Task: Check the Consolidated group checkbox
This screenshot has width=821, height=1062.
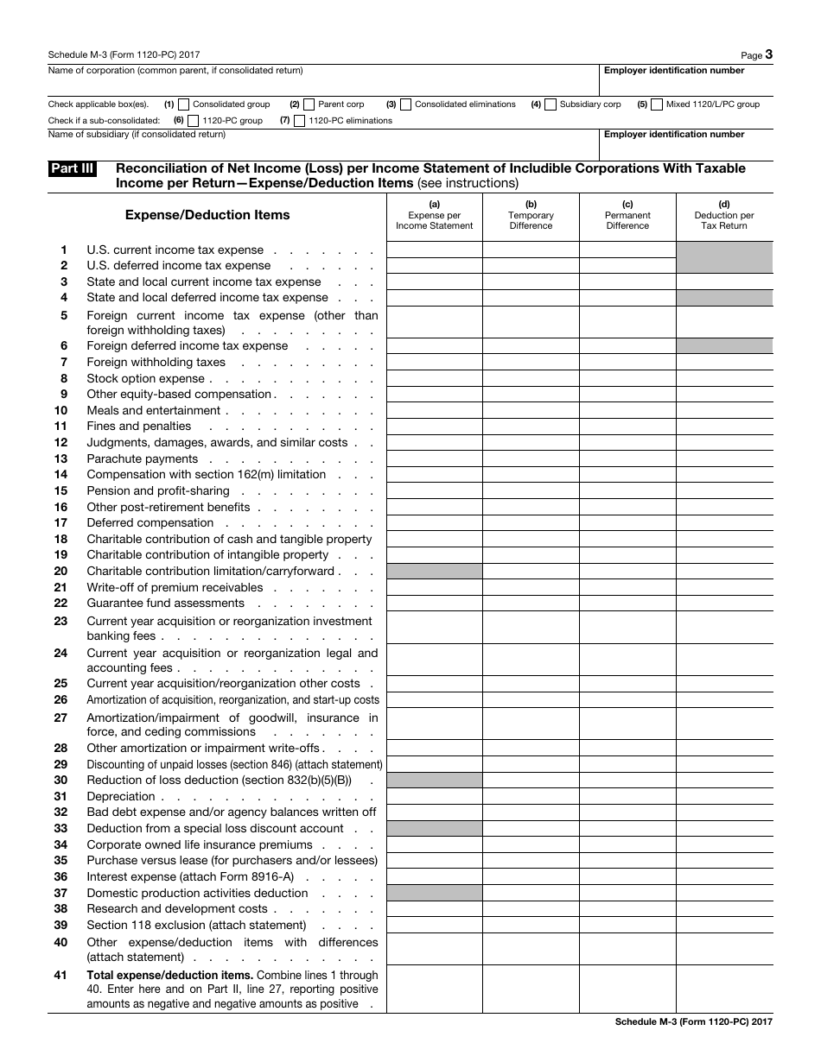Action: [x=183, y=104]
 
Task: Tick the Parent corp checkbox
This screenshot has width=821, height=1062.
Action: [x=309, y=104]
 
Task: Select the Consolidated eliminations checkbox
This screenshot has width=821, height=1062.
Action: [x=405, y=104]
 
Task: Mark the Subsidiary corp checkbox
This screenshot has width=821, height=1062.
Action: [x=551, y=104]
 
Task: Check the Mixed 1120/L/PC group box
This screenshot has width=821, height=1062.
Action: [x=657, y=104]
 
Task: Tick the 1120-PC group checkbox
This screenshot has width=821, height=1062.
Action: [x=193, y=121]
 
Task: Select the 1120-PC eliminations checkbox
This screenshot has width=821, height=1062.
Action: [x=299, y=121]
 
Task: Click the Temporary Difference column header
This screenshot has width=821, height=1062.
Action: [x=531, y=216]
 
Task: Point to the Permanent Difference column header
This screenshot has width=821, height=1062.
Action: [x=627, y=216]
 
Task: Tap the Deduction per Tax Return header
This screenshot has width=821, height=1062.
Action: [x=724, y=216]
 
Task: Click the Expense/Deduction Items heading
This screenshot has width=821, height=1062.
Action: [x=207, y=215]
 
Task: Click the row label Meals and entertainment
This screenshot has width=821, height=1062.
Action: [x=154, y=411]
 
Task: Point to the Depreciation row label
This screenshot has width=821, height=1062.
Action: [x=121, y=797]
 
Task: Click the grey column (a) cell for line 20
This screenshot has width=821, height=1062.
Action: [x=434, y=572]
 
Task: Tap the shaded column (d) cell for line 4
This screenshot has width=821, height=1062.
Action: [x=724, y=298]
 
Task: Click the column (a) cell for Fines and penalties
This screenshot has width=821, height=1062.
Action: [x=434, y=427]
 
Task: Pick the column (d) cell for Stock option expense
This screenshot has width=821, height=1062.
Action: [x=724, y=378]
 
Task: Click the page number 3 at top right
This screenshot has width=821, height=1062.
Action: [x=768, y=54]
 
